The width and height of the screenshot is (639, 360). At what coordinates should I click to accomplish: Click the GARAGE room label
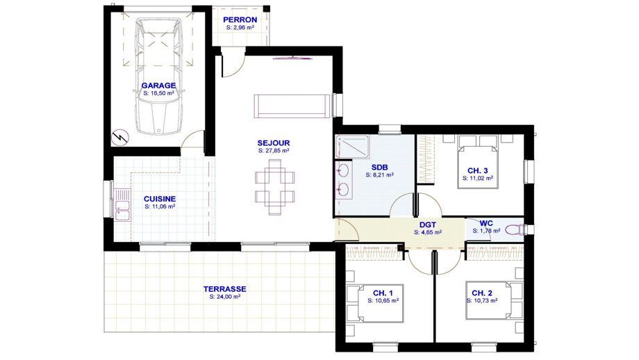coord(158,85)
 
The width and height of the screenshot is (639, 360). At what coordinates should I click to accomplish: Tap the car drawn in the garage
coord(158,76)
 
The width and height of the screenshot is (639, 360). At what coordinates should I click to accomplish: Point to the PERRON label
coord(240,19)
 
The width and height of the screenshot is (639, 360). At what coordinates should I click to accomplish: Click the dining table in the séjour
coord(275,187)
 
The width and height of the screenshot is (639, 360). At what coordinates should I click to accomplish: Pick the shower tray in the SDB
coord(352,147)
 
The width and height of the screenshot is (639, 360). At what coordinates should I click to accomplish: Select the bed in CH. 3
coord(478,161)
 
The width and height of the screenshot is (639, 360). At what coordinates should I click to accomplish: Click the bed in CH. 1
coord(375,303)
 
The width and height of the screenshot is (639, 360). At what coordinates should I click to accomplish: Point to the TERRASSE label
coord(224,289)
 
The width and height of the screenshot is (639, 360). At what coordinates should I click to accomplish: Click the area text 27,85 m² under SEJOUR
coord(274,150)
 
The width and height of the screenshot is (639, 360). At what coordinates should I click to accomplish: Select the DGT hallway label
coord(427,224)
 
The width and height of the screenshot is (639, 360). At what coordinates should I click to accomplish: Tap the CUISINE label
coord(160,199)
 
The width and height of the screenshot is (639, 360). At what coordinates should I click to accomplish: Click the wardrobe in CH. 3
coord(425,159)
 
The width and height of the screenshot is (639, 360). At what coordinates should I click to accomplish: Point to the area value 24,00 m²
coord(224,297)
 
